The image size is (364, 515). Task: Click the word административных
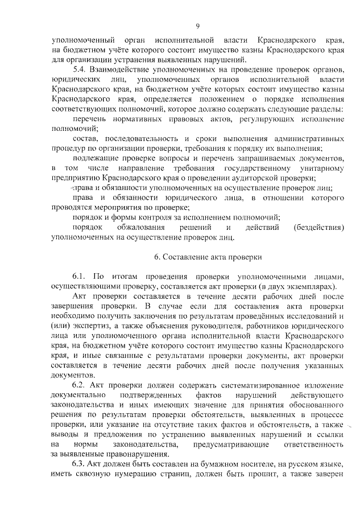pos(304,138)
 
